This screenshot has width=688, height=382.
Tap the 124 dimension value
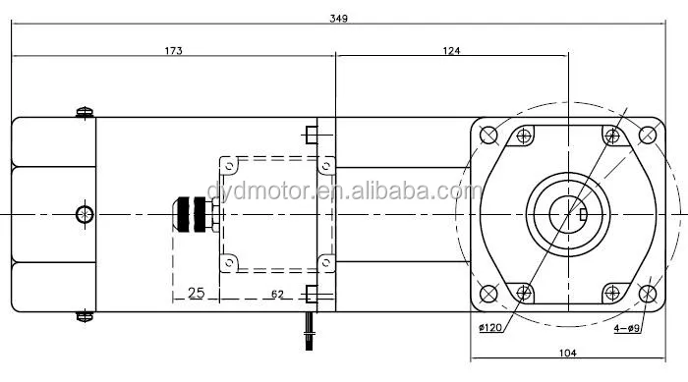point(451,49)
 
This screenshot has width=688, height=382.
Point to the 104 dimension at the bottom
point(569,352)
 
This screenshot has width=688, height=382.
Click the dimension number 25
point(195,294)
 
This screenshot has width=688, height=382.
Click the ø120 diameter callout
point(491,328)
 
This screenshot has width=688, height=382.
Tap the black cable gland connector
point(197,213)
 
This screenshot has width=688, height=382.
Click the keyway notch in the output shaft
point(582,213)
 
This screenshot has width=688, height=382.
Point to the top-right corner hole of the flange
point(648,135)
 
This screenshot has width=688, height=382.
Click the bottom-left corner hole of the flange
point(488,292)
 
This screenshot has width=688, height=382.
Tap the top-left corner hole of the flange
point(488,135)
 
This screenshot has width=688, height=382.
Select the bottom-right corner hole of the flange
point(648,292)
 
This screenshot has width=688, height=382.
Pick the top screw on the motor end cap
point(86,112)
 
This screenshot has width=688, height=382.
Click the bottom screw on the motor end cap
point(86,315)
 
